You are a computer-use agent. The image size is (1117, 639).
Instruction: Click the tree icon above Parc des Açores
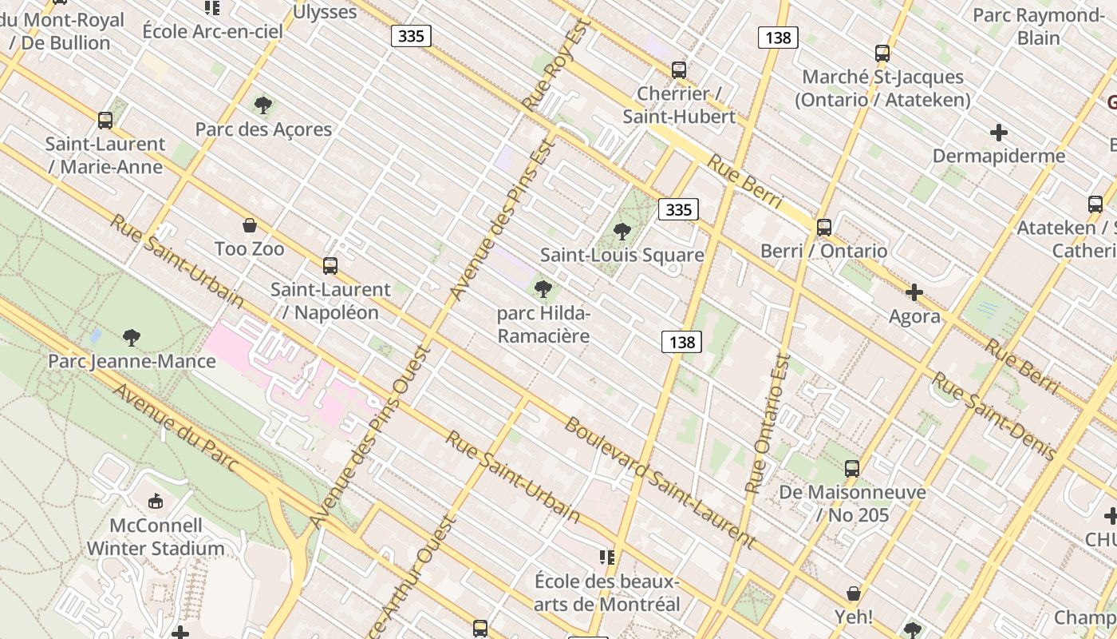pos(263,105)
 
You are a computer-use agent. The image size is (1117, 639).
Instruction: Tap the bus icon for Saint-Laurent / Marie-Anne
pos(105,121)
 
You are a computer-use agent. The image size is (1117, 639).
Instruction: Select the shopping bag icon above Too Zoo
pos(250,226)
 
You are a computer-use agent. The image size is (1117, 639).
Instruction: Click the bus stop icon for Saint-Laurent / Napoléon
pos(330,266)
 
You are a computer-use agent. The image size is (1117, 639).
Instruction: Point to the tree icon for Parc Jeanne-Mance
pos(132,338)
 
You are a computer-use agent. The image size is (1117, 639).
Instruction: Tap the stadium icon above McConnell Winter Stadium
pos(156,502)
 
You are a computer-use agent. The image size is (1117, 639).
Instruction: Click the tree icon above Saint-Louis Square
pos(622,232)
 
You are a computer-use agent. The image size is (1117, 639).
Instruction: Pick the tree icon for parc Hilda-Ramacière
pos(543,288)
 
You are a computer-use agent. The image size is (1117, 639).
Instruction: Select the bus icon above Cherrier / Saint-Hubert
pos(679,70)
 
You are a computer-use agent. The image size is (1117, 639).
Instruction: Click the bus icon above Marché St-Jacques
pos(882,54)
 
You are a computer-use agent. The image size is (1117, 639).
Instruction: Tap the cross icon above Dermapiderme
pos(999,133)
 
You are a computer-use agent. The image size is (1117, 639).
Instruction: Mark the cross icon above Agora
pos(914,293)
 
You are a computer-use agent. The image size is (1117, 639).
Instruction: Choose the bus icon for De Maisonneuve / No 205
pos(852,469)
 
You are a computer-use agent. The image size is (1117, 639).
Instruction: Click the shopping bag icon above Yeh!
pos(853,593)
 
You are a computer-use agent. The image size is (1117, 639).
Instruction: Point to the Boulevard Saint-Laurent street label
pos(659,482)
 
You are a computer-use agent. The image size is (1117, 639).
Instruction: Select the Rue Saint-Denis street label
pos(994,415)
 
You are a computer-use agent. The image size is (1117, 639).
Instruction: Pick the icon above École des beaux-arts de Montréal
pos(606,557)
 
